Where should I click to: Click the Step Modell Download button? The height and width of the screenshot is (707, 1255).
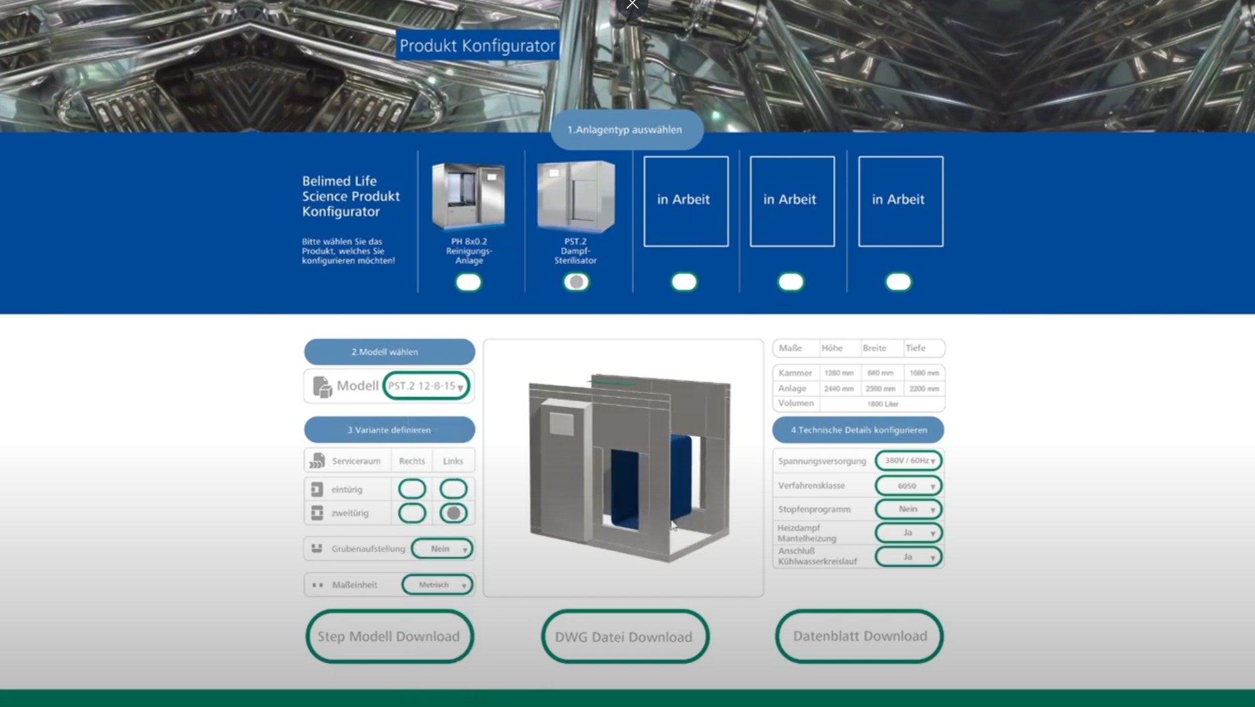tap(389, 636)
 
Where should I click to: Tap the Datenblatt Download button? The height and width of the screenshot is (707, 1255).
tap(859, 636)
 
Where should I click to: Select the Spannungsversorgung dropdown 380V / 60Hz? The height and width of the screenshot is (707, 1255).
tap(908, 461)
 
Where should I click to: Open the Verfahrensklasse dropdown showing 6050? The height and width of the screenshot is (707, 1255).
tap(908, 486)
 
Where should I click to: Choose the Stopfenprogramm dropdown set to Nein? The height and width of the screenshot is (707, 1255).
tap(908, 509)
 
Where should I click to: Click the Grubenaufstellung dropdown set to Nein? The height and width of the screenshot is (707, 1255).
tap(443, 548)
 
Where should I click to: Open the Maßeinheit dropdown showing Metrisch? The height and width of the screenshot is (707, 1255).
tap(437, 584)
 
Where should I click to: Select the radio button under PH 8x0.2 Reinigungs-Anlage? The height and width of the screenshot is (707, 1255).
tap(469, 282)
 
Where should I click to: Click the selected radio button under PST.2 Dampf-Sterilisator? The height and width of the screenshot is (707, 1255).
tap(577, 282)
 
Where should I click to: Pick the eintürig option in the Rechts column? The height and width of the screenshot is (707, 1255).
tap(412, 489)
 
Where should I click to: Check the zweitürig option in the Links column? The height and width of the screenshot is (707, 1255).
tap(453, 513)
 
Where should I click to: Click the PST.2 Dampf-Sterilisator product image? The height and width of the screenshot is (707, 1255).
tap(576, 197)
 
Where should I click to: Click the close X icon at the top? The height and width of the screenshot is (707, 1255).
tap(632, 5)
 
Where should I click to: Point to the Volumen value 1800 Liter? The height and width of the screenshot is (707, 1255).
tap(882, 404)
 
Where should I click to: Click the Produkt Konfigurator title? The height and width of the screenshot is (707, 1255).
tap(477, 45)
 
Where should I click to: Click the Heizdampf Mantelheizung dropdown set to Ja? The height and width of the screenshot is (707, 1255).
tap(908, 533)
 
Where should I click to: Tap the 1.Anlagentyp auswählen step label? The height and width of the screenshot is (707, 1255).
tap(625, 129)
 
